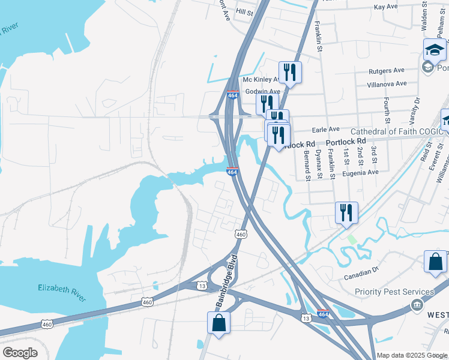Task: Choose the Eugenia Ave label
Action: [360, 172]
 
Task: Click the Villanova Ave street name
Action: [387, 84]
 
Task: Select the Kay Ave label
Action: [385, 7]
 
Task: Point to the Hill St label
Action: [245, 12]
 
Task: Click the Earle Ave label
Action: [325, 129]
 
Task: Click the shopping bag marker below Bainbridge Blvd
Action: [218, 322]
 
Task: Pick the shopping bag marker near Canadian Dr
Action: [435, 262]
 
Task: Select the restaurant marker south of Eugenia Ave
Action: [346, 212]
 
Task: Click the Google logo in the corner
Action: [20, 353]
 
